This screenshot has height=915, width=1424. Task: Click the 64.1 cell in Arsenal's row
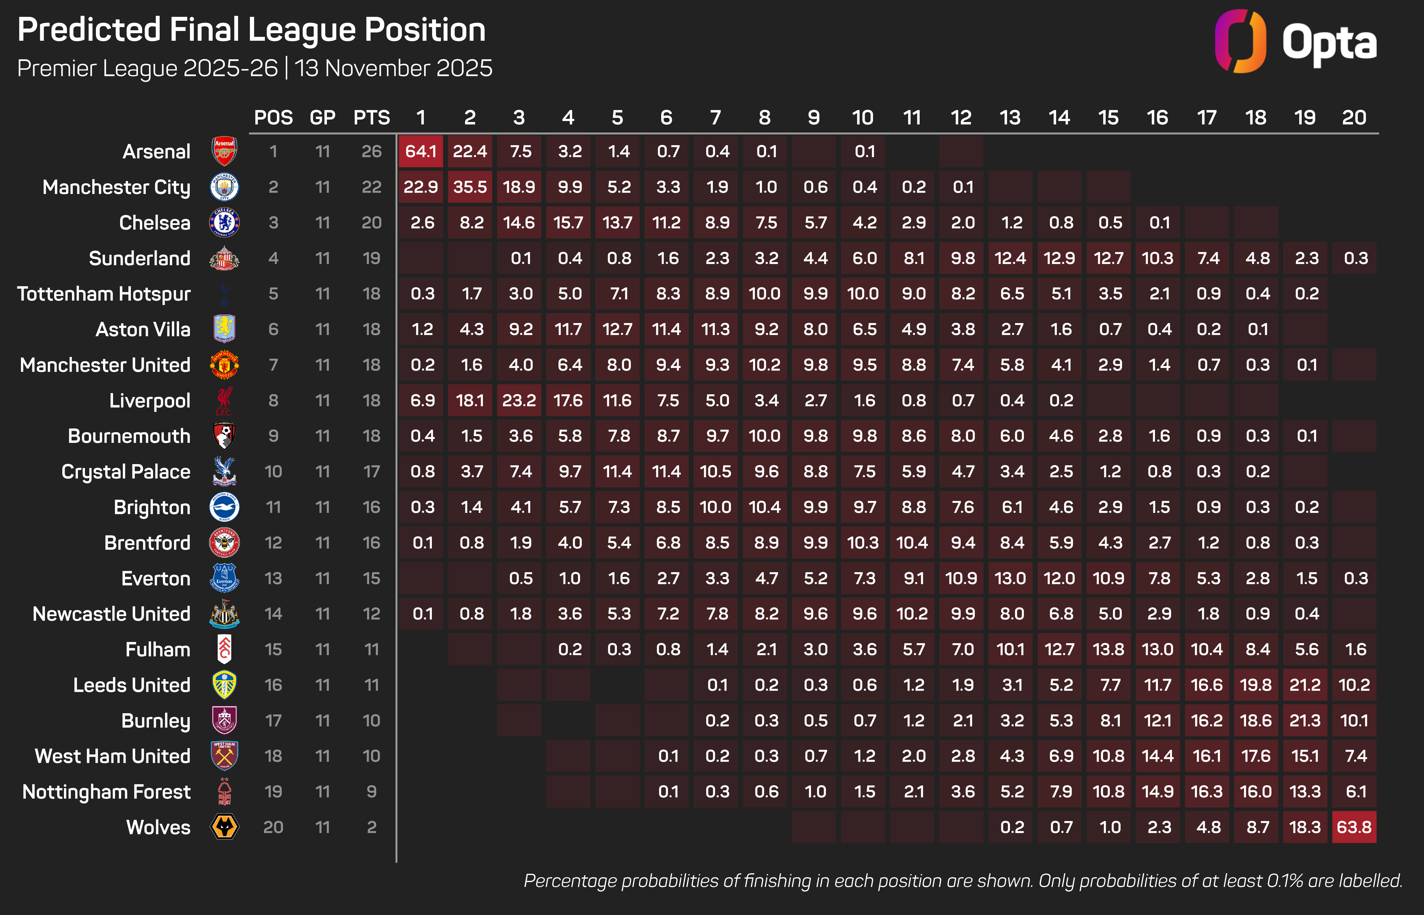421,152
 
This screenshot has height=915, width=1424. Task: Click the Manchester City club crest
225,187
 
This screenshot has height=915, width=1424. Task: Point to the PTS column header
372,118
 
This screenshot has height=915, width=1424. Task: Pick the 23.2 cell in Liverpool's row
519,400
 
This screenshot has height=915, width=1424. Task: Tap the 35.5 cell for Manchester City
470,187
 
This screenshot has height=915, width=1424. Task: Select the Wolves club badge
225,827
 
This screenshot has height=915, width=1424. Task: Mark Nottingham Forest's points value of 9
372,792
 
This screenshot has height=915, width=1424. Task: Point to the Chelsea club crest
225,223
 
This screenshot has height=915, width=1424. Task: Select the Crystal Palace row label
126,472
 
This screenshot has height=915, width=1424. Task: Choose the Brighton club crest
225,508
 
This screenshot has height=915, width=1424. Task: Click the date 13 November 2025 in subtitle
394,68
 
